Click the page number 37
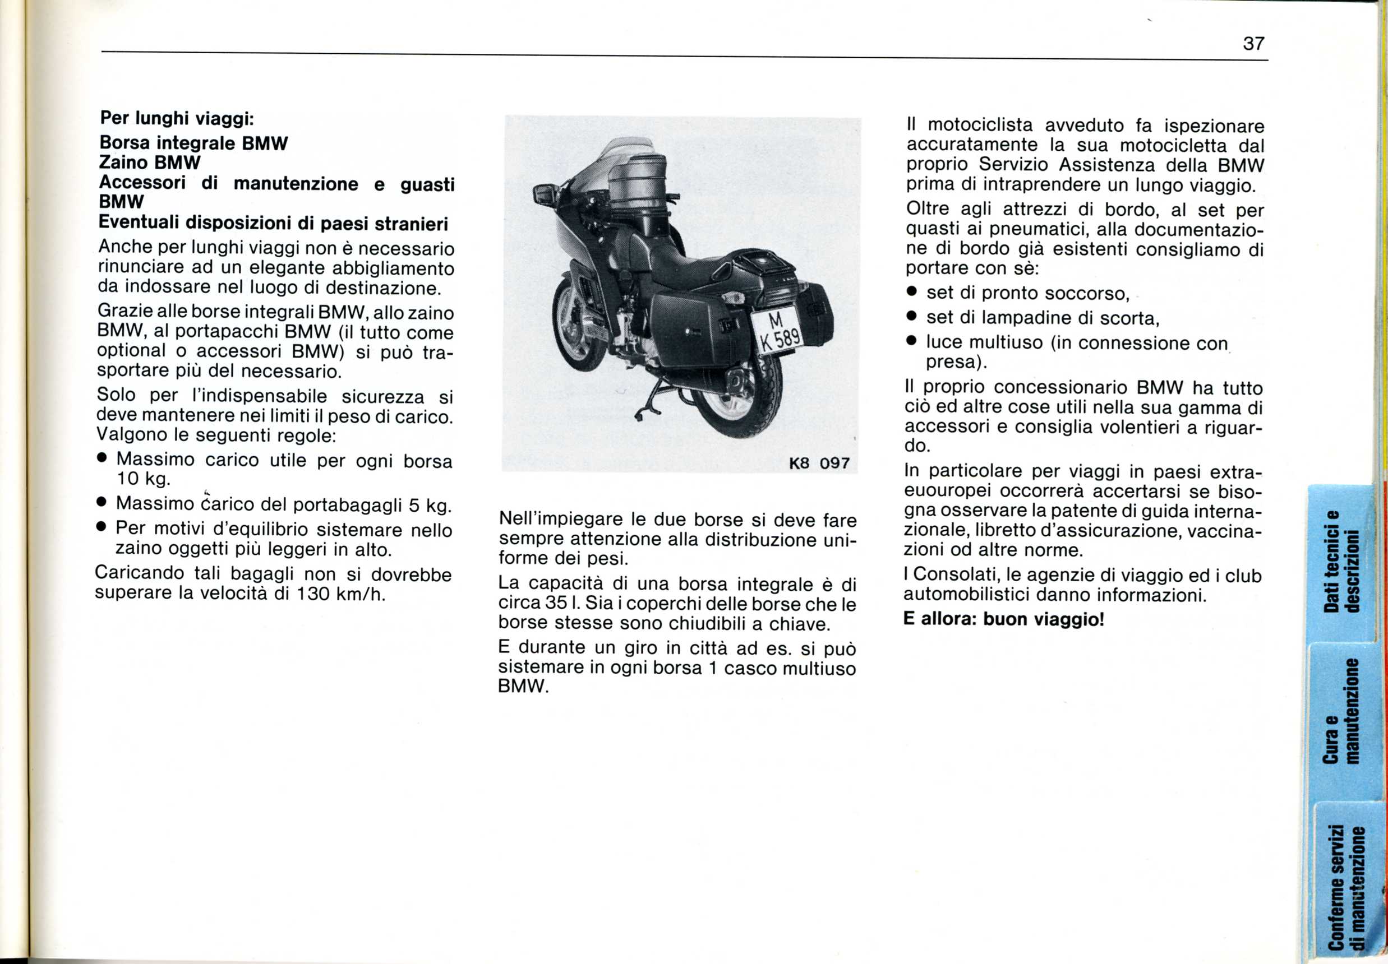[x=1253, y=44]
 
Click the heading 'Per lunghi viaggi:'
[x=177, y=118]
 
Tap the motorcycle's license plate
[x=778, y=331]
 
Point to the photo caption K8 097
[x=819, y=464]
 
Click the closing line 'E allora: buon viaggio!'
[x=1003, y=619]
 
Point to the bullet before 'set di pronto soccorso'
[x=912, y=293]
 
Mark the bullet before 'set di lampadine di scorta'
[x=912, y=317]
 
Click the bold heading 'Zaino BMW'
[x=149, y=163]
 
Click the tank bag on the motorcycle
[x=638, y=181]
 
